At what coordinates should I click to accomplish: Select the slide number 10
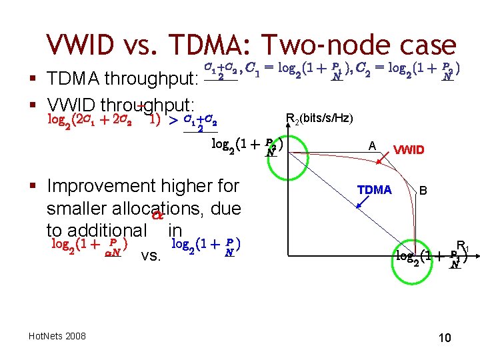pyautogui.click(x=445, y=338)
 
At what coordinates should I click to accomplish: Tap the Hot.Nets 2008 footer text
pyautogui.click(x=58, y=336)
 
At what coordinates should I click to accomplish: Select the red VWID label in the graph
pyautogui.click(x=409, y=149)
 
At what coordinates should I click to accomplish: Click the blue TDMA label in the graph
pyautogui.click(x=374, y=190)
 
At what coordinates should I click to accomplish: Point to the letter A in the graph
pyautogui.click(x=372, y=146)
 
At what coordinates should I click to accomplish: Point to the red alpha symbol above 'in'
pyautogui.click(x=157, y=215)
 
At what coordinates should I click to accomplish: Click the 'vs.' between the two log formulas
pyautogui.click(x=151, y=255)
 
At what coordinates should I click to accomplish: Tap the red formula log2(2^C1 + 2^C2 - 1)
pyautogui.click(x=104, y=120)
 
